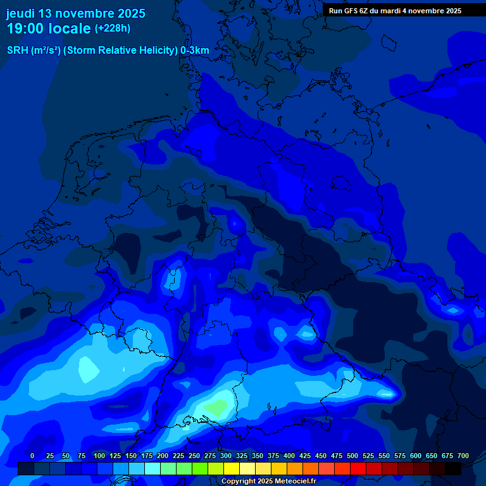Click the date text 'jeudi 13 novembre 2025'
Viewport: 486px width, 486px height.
[x=76, y=13]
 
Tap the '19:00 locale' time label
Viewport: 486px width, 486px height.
[x=49, y=28]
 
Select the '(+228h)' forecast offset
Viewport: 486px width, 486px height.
[x=113, y=28]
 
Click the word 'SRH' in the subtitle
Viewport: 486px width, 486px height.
[x=17, y=51]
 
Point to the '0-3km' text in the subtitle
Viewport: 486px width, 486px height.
[x=195, y=51]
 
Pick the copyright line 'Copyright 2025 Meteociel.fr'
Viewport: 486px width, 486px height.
[x=268, y=482]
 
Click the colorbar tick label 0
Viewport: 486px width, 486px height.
[x=32, y=456]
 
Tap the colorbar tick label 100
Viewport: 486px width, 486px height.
[x=99, y=456]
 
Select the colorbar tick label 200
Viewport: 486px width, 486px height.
[x=163, y=456]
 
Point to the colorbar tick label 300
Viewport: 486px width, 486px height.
[x=226, y=456]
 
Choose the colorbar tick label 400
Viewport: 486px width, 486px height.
[x=289, y=456]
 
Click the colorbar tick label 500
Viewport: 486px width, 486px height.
[x=352, y=456]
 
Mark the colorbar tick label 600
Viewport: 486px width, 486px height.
[x=416, y=456]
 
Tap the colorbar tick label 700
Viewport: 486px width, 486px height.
[x=463, y=456]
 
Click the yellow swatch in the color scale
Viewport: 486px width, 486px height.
[x=232, y=469]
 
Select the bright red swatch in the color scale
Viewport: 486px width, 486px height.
[x=358, y=469]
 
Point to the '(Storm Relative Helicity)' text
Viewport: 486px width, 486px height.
[x=120, y=51]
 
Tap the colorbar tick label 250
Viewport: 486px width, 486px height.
[x=194, y=456]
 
